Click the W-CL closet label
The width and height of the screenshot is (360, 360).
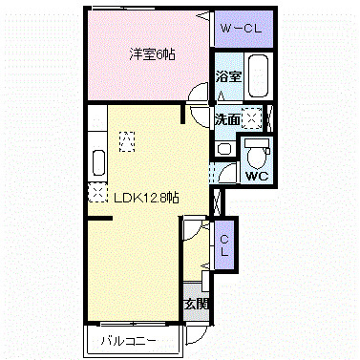(x=244, y=29)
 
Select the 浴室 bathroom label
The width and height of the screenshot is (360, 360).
(x=226, y=75)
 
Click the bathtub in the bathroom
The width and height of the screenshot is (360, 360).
(x=257, y=75)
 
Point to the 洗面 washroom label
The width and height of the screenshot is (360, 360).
(x=226, y=120)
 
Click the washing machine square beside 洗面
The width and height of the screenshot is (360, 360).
(x=252, y=117)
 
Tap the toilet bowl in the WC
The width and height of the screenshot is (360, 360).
(x=255, y=154)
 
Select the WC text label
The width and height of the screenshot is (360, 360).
(x=255, y=177)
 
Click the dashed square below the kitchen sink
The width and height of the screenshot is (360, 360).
(x=97, y=193)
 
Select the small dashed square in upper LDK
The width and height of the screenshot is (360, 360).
(x=126, y=138)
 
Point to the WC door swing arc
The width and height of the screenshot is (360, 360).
(x=226, y=175)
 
